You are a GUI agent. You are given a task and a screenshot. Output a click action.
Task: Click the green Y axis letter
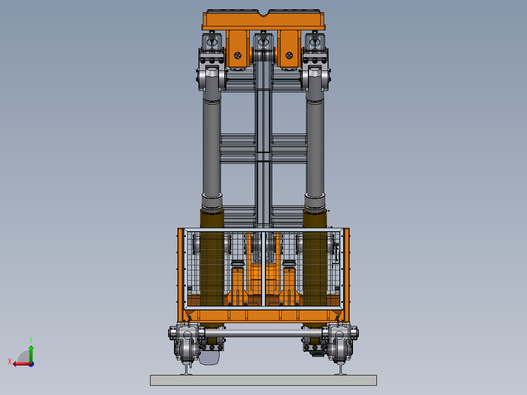pos(31,340)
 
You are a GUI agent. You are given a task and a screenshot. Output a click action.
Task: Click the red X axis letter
pos(10,361)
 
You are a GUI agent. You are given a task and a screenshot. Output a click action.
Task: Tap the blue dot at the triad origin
pos(32,364)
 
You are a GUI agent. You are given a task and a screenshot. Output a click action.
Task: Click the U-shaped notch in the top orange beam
pos(263,13)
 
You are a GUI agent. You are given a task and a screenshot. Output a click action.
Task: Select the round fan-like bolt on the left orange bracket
pos(238,55)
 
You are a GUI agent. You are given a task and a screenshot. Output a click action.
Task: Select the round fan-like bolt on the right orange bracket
pos(289,55)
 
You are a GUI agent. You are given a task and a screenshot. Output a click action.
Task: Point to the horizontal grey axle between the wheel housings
pos(263,333)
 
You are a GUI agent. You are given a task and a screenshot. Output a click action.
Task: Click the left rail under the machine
pos(187,369)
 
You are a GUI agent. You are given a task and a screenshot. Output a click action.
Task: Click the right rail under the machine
pos(340,369)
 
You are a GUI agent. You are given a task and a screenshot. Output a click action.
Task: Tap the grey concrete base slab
pos(263,380)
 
